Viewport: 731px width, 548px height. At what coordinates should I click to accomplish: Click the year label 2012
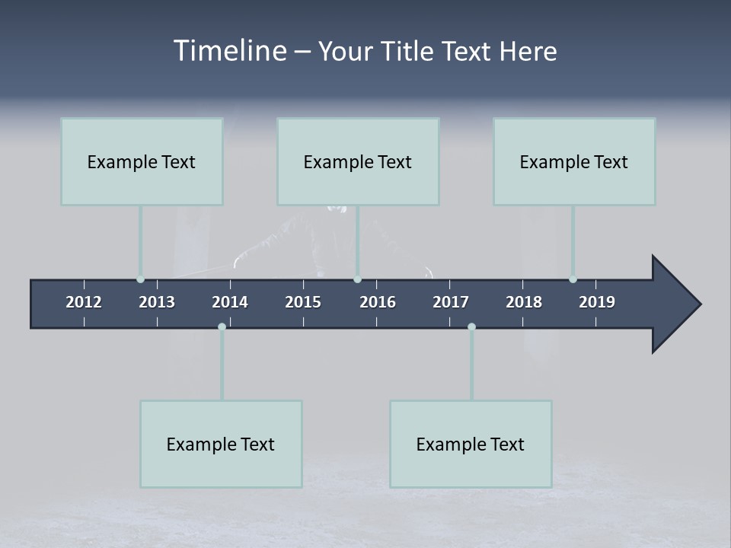pos(84,302)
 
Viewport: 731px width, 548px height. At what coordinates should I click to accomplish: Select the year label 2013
pos(157,302)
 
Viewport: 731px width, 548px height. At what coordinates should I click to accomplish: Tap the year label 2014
pos(230,302)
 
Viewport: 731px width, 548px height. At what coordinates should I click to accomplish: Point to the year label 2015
pos(303,302)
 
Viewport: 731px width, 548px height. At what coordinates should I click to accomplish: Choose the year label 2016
pos(378,302)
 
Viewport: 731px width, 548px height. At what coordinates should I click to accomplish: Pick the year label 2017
pos(451,302)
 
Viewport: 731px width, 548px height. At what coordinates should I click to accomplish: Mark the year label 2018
pos(524,302)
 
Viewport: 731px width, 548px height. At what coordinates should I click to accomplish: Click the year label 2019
pos(597,302)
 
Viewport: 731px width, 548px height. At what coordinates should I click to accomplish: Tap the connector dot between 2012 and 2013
pos(140,279)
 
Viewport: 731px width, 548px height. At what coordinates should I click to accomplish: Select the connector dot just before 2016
pos(357,279)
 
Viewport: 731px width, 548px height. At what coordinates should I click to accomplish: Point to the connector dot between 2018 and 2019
pos(573,279)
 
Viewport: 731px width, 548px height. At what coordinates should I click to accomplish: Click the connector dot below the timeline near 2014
pos(222,327)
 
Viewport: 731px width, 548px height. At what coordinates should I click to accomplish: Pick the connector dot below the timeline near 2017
pos(471,327)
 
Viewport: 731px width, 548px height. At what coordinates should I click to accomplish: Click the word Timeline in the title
pos(229,51)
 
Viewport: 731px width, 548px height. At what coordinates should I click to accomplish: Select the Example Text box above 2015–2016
pos(358,161)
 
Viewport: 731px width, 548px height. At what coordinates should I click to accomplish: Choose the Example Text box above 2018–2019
pos(574,161)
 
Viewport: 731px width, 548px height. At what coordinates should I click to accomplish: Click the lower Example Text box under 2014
pos(221,444)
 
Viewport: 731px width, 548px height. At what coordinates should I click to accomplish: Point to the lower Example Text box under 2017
pos(471,444)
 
